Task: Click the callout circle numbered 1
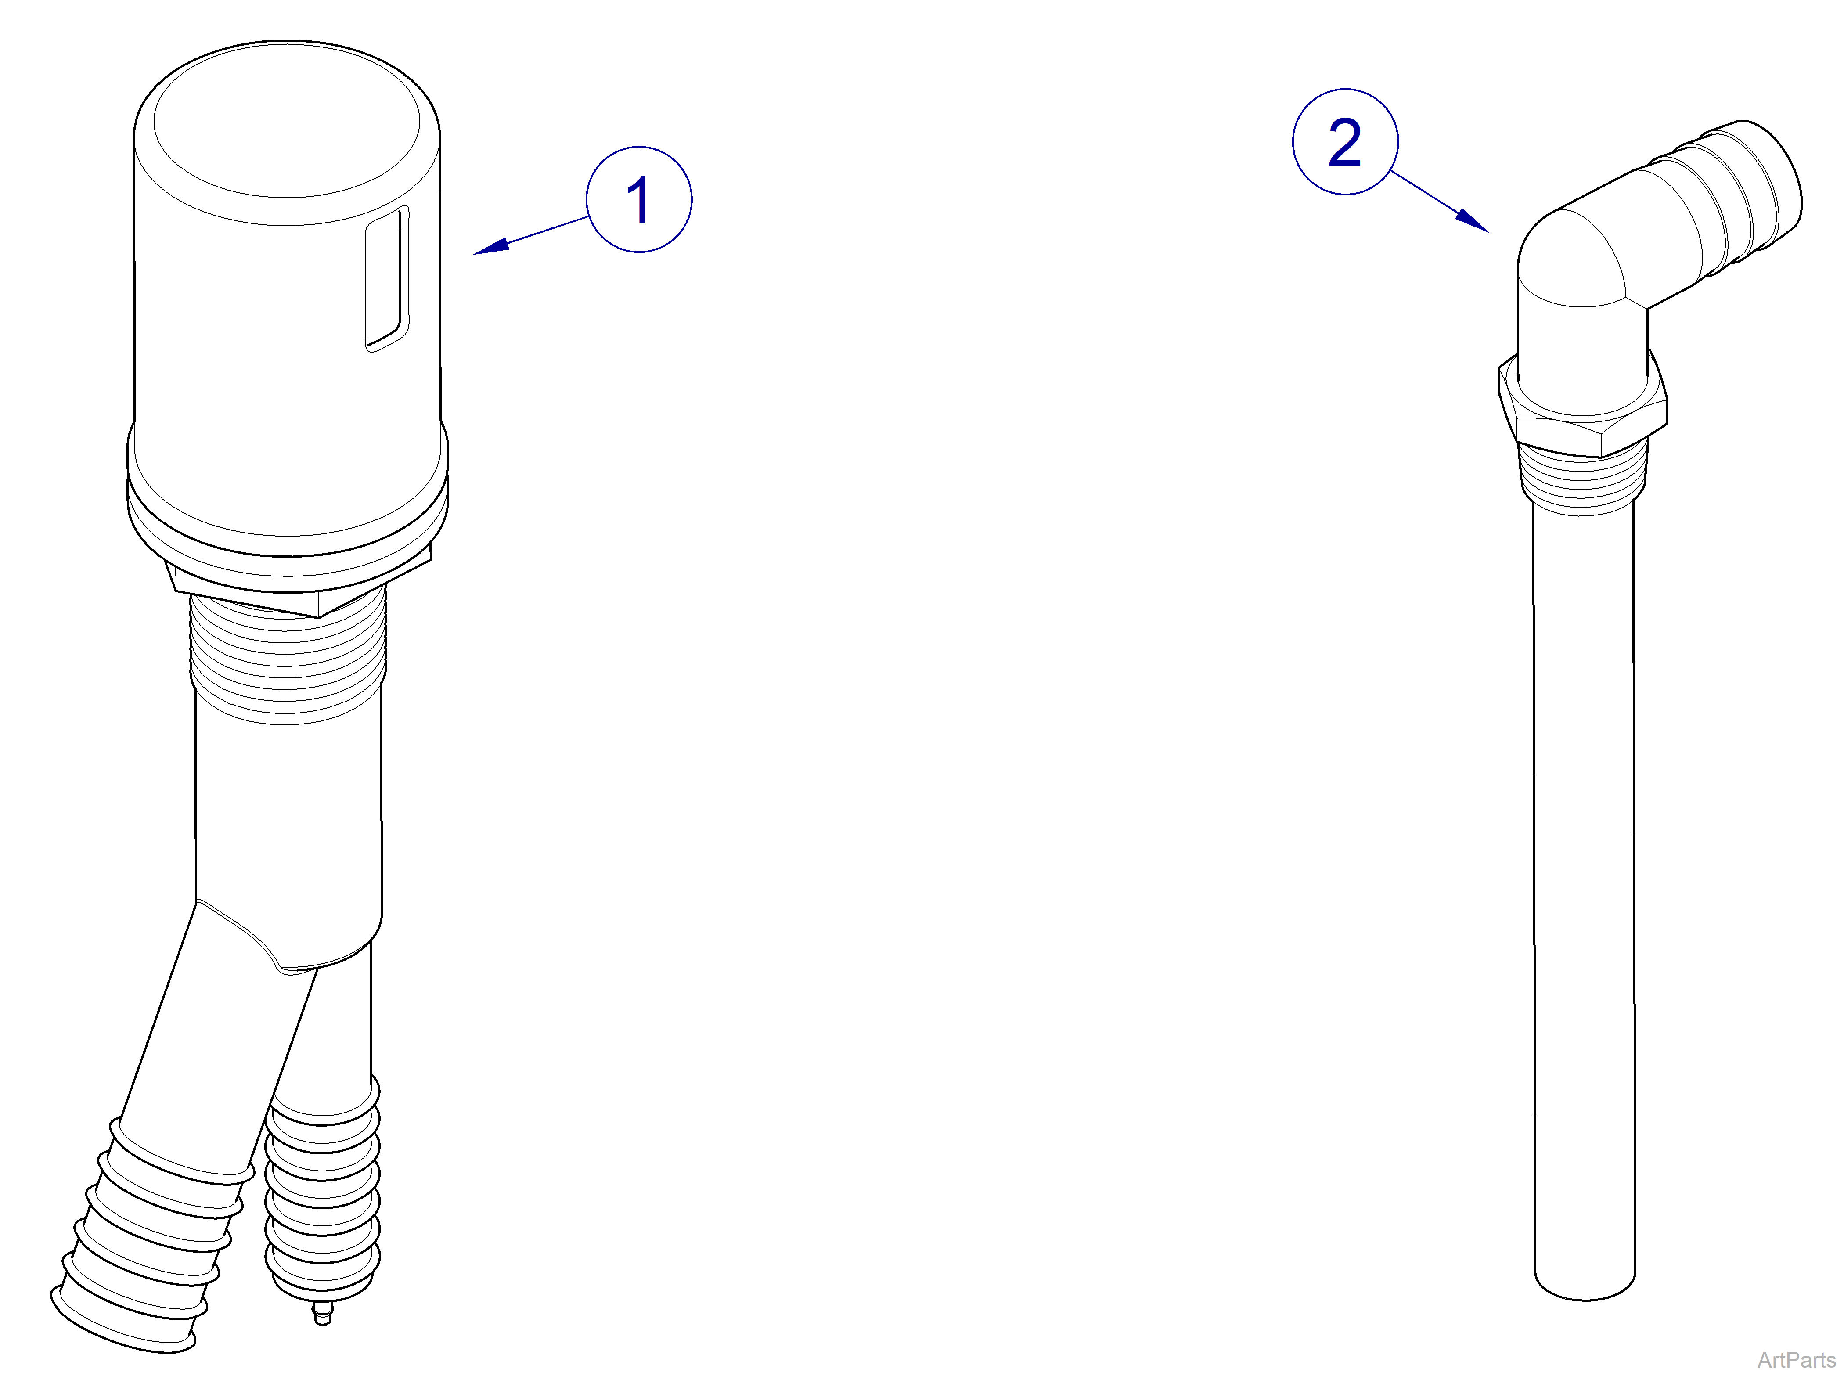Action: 639,200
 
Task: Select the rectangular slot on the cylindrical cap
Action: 387,279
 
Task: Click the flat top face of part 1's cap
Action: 287,121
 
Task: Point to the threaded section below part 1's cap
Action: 287,658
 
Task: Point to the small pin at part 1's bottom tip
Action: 322,1316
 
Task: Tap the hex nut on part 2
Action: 1582,417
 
